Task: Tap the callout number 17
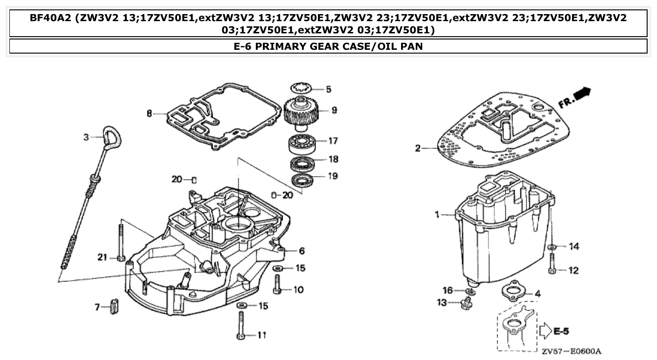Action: (333, 141)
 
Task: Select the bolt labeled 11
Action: (240, 326)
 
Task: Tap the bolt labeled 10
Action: (277, 284)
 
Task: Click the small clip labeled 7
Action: (113, 307)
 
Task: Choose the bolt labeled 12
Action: (552, 265)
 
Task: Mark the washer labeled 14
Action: (552, 247)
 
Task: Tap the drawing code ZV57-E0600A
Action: (571, 351)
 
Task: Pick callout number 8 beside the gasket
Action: (149, 113)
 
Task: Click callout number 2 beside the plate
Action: (418, 149)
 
